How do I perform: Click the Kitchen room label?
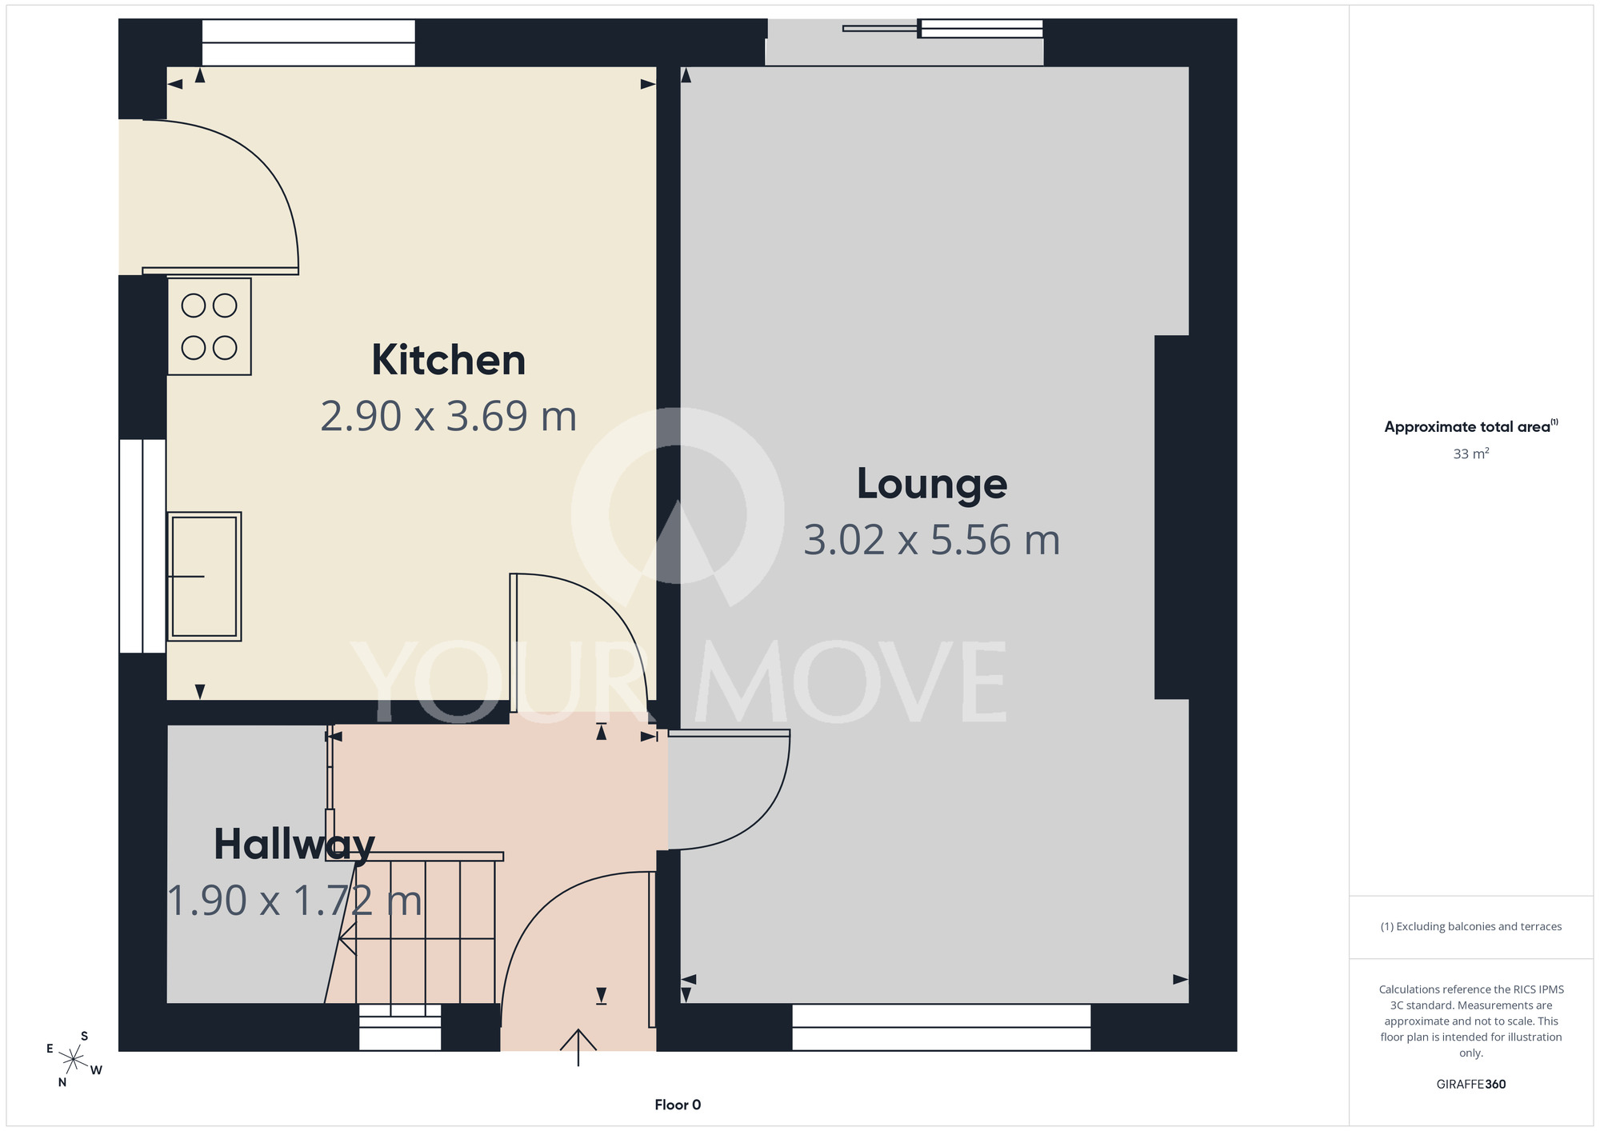[x=448, y=361]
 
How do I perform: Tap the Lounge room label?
[x=932, y=484]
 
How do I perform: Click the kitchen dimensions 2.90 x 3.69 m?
[x=448, y=417]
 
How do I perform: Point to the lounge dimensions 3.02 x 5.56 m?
[x=932, y=541]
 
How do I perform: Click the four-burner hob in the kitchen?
[x=209, y=326]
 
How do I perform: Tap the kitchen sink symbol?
[x=204, y=576]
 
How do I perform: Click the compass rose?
[x=74, y=1060]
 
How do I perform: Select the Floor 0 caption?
[x=678, y=1105]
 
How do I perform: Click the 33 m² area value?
[x=1471, y=454]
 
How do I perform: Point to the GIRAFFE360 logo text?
[x=1471, y=1085]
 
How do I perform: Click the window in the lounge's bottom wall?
[x=942, y=1027]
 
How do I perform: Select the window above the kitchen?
[x=308, y=42]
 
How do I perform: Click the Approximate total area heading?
[x=1471, y=426]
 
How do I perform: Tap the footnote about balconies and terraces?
[x=1471, y=926]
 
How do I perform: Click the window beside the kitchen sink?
[x=142, y=546]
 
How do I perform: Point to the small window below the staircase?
[x=400, y=1027]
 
